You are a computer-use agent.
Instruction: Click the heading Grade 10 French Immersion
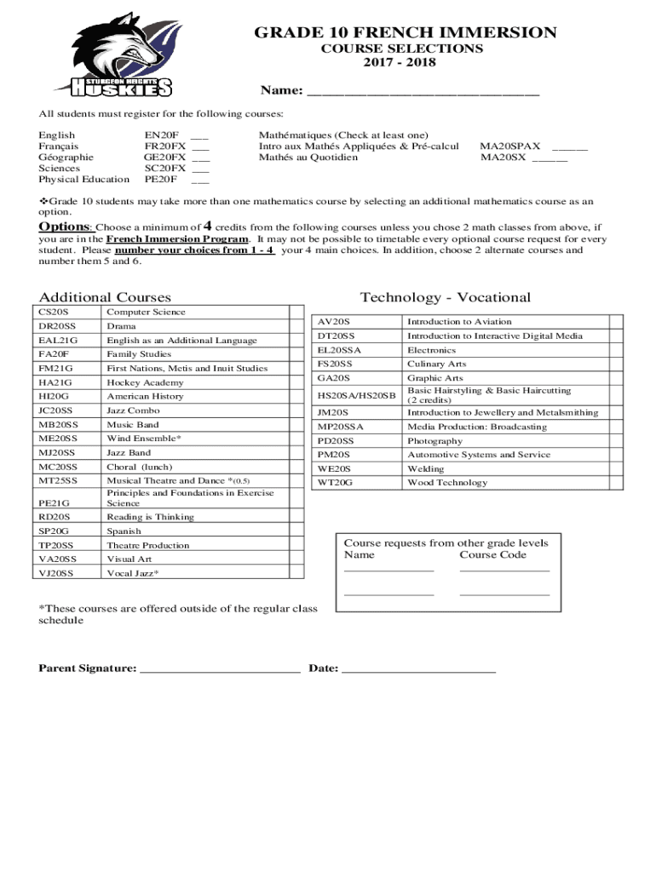click(x=405, y=33)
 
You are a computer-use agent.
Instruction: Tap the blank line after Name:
click(x=423, y=92)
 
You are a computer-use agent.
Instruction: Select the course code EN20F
click(x=161, y=135)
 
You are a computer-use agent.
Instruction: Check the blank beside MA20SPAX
click(x=569, y=146)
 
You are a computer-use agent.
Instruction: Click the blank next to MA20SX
click(x=550, y=158)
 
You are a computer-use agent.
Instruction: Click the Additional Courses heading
click(x=105, y=297)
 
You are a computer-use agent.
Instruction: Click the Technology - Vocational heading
click(x=445, y=297)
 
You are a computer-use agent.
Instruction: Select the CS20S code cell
click(x=55, y=313)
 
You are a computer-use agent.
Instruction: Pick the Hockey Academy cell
click(x=133, y=383)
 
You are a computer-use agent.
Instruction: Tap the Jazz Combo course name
click(x=133, y=410)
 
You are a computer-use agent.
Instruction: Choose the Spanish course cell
click(x=124, y=531)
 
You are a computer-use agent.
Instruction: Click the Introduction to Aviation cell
click(x=459, y=322)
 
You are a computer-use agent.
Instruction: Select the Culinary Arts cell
click(x=436, y=364)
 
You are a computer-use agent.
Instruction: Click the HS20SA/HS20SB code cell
click(x=356, y=395)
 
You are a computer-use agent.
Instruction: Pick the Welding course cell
click(x=425, y=469)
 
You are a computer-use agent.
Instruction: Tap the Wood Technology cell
click(x=447, y=483)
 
